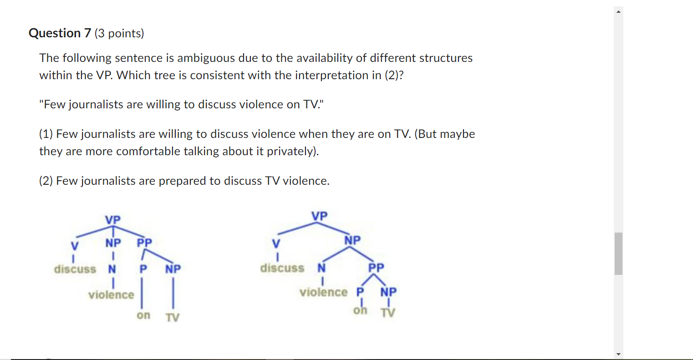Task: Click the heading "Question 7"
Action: tap(60, 33)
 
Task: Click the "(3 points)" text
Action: tap(119, 33)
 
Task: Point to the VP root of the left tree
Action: tap(113, 220)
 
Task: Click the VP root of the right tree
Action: tap(319, 216)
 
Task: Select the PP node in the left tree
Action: tap(145, 243)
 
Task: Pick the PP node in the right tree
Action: tap(376, 267)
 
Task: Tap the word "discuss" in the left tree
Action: tap(75, 269)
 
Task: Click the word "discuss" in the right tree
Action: tap(282, 268)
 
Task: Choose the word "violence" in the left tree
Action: tap(111, 295)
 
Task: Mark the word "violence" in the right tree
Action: tap(323, 292)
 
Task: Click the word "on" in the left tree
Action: tap(143, 315)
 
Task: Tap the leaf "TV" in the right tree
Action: tap(388, 313)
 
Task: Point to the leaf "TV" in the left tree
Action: tap(173, 317)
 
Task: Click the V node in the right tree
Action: tap(276, 243)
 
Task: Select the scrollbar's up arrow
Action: tap(618, 11)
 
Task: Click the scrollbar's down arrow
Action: tap(618, 354)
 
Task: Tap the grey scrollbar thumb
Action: tap(618, 254)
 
